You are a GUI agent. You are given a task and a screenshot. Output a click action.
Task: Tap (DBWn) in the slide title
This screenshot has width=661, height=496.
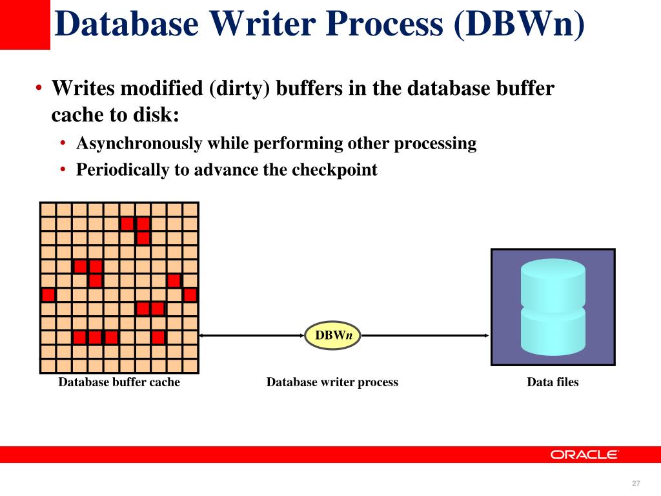click(x=520, y=25)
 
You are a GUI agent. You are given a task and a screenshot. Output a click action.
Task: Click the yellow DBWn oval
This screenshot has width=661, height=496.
click(x=332, y=336)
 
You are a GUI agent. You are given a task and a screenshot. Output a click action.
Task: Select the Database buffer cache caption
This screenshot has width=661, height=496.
click(x=119, y=382)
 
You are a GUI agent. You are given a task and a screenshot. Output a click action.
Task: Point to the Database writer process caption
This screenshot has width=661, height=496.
click(x=332, y=382)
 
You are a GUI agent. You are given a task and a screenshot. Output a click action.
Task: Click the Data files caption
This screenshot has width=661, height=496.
click(x=553, y=382)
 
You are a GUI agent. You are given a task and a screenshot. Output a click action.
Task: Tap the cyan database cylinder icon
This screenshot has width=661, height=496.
click(x=553, y=307)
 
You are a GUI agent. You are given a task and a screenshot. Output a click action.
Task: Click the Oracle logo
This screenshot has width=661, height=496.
click(x=584, y=455)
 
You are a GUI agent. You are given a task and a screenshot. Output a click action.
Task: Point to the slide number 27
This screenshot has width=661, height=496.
click(x=636, y=484)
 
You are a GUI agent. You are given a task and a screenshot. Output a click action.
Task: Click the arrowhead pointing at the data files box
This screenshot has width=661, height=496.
click(x=485, y=336)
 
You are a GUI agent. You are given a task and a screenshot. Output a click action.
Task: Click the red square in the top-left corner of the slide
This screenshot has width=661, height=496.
click(x=25, y=25)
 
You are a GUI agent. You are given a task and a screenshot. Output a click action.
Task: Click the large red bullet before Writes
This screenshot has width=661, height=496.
click(x=39, y=88)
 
